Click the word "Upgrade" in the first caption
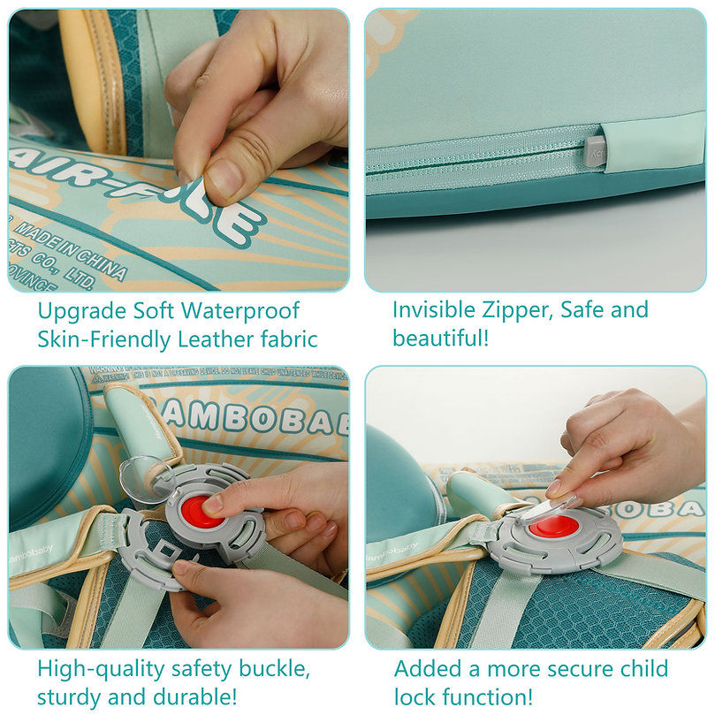(x=78, y=312)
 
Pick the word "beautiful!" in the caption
(x=440, y=338)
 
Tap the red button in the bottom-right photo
(x=553, y=525)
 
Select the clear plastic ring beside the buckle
(x=142, y=478)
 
